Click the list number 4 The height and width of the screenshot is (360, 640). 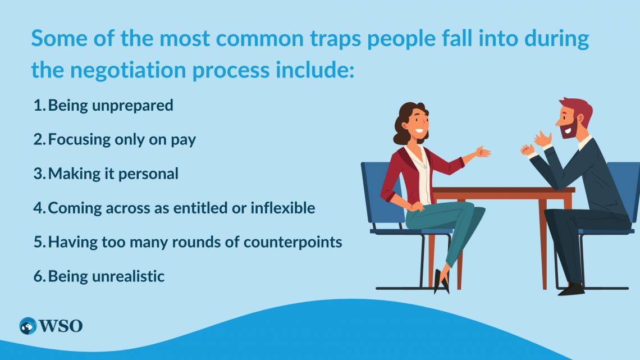tap(38, 208)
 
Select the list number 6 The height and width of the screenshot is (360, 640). tap(38, 276)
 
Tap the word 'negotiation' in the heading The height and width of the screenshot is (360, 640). tap(124, 70)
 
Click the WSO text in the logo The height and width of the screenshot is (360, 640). tap(61, 325)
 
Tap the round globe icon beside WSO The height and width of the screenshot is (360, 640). tap(27, 326)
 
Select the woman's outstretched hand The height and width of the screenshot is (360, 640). tap(482, 152)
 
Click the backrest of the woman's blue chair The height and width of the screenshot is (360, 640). tap(371, 191)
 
